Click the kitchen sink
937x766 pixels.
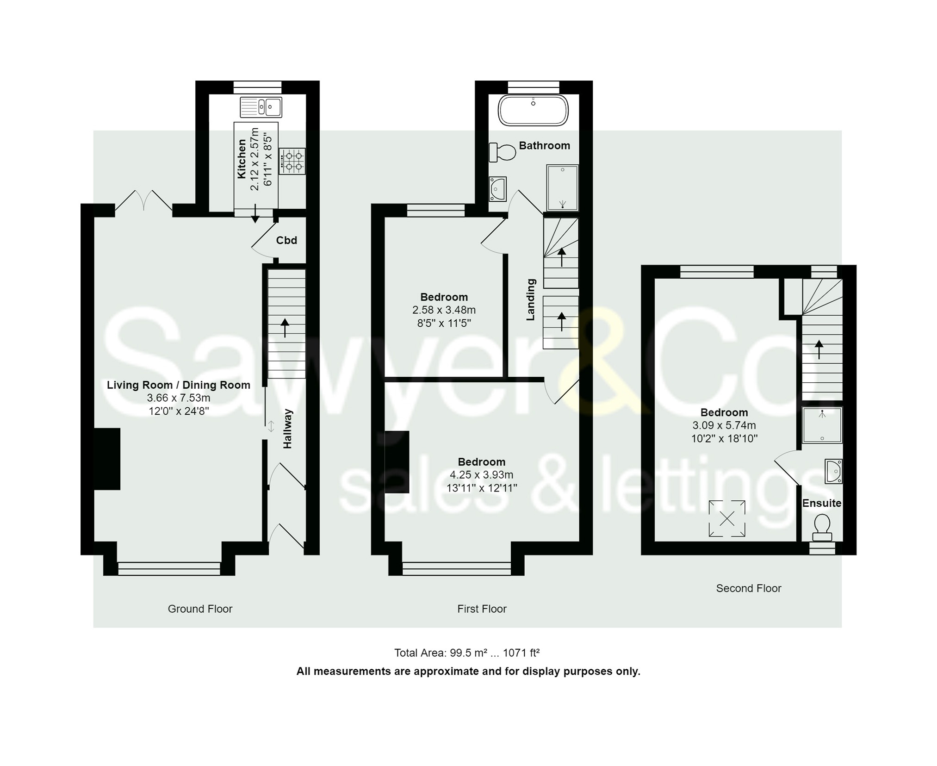(261, 107)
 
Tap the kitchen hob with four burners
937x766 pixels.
(292, 161)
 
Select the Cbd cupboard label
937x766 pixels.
(286, 240)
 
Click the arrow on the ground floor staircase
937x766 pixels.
(285, 327)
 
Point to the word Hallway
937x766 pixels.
(288, 429)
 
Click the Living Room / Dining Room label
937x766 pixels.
(179, 385)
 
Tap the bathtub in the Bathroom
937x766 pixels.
(533, 111)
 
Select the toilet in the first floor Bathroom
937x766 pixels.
(503, 152)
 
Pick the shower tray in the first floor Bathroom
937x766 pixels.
(562, 188)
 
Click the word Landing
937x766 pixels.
(531, 299)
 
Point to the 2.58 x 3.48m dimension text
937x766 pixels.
(444, 310)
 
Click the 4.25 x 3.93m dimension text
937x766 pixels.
(481, 475)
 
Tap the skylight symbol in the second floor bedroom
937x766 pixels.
(727, 518)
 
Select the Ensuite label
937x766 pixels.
(822, 503)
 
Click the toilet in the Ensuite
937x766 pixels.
(822, 528)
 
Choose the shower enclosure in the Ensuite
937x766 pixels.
(822, 425)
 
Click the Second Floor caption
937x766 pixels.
(748, 588)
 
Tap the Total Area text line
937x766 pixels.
(466, 653)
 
